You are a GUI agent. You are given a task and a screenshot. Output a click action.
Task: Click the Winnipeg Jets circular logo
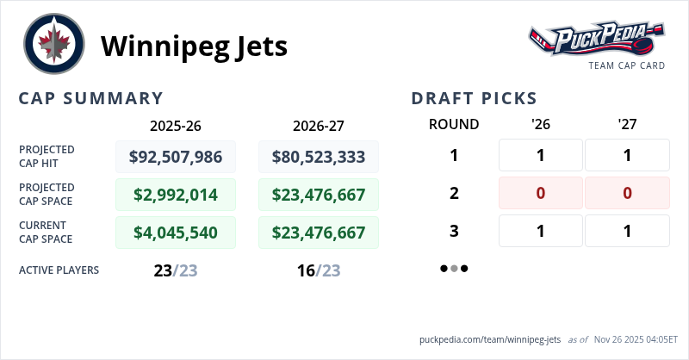tap(54, 45)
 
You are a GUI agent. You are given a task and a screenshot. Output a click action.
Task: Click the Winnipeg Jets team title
tap(195, 46)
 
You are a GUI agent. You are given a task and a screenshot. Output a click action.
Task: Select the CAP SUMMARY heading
tap(91, 98)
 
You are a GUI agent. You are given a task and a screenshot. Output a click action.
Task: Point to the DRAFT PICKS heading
tap(475, 98)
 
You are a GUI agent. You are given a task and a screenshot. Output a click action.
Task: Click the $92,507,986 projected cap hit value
tap(176, 157)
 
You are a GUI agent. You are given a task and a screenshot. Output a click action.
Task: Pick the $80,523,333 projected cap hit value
tap(319, 157)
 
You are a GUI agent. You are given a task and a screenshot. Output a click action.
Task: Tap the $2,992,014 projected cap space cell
tap(176, 194)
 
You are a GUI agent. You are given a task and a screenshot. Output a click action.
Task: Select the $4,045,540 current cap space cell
tap(176, 232)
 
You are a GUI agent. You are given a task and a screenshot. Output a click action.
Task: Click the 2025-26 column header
tap(176, 125)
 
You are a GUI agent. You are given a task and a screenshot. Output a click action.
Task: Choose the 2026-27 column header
tap(319, 125)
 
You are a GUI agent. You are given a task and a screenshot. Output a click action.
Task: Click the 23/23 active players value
tap(176, 270)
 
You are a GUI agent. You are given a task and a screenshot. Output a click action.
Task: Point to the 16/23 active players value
tap(319, 270)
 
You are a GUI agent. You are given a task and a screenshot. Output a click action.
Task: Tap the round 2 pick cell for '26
tap(541, 193)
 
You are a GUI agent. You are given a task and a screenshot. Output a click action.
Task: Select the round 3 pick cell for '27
tap(627, 231)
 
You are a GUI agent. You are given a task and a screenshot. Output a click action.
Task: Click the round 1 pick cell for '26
tap(541, 156)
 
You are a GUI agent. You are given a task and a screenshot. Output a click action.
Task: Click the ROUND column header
tap(454, 124)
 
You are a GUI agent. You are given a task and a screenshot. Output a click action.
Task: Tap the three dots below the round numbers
tap(454, 269)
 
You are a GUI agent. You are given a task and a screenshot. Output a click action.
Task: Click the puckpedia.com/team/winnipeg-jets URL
tap(490, 339)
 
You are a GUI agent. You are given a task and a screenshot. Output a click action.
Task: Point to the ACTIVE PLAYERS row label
tap(59, 270)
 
